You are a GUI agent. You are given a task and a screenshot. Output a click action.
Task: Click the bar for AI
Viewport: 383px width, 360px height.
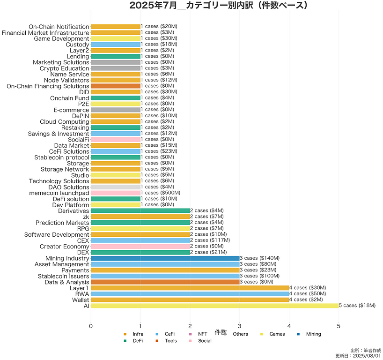click(214, 306)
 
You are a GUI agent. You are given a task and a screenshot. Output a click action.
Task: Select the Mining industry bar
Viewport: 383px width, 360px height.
click(165, 258)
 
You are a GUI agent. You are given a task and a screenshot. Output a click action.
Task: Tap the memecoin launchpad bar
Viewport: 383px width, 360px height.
click(115, 193)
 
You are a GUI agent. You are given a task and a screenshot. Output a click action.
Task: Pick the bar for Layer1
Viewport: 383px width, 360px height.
click(190, 288)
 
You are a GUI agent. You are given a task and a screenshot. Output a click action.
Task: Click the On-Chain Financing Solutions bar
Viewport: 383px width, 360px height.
click(115, 86)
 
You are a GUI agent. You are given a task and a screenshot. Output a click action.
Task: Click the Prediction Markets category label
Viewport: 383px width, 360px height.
click(62, 223)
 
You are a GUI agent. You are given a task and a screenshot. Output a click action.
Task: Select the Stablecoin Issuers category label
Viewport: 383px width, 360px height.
click(64, 276)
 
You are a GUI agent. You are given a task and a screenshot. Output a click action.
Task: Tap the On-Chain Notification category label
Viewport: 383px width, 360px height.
click(59, 27)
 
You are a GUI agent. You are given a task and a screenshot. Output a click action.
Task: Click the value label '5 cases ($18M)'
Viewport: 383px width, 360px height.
click(357, 306)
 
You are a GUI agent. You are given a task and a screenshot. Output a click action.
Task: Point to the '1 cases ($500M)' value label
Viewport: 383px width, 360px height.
click(160, 193)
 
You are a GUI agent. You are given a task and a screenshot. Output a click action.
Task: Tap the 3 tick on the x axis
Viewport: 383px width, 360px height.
click(239, 326)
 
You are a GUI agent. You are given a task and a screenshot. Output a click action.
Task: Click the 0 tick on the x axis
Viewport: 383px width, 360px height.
click(91, 326)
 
